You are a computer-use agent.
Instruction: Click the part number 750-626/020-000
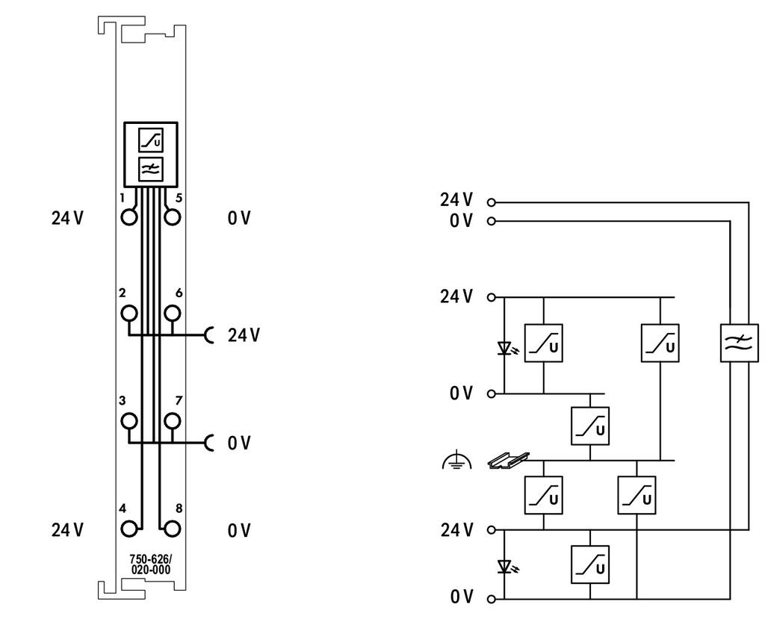click(150, 564)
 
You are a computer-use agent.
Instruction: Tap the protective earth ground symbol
click(456, 461)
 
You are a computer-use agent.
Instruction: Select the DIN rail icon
click(509, 461)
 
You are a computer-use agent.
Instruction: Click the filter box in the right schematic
click(740, 343)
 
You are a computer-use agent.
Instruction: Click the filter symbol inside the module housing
click(151, 169)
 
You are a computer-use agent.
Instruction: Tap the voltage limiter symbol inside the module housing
click(151, 140)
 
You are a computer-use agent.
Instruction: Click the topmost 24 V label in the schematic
click(456, 200)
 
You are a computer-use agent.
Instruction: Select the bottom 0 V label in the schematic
click(461, 597)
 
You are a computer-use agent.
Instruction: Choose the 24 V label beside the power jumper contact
click(244, 335)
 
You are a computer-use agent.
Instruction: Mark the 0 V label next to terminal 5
click(239, 217)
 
